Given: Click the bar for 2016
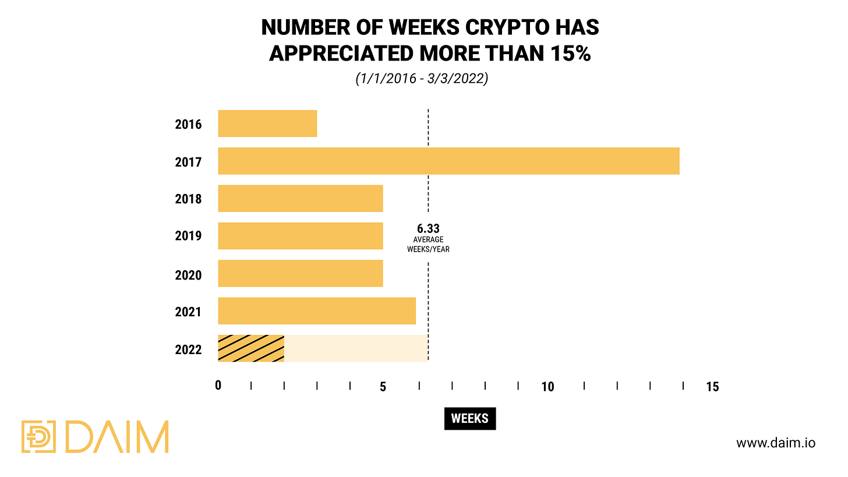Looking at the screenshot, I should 267,123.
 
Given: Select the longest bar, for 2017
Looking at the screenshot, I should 448,161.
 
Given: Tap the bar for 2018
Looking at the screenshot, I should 300,198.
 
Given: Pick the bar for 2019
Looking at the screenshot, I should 300,236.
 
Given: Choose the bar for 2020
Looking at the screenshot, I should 300,273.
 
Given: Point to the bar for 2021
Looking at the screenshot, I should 317,310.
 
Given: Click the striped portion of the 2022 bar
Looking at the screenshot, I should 251,348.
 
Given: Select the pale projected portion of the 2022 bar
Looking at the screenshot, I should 356,348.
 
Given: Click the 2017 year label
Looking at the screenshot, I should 188,161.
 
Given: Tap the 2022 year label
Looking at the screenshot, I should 188,349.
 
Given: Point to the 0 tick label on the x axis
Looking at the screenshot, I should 218,387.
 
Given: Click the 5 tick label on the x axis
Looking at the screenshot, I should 383,387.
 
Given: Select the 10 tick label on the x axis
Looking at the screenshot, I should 547,387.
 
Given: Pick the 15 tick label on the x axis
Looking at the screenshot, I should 712,387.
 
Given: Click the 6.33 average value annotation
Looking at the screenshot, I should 428,229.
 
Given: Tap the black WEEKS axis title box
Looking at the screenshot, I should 469,418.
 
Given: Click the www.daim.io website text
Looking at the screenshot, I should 776,443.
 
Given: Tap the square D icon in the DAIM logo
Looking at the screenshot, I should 38,436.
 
